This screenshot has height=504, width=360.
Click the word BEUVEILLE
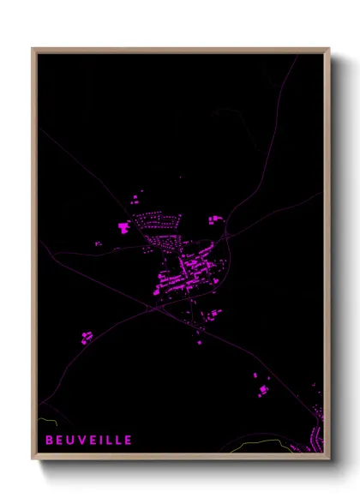(x=89, y=440)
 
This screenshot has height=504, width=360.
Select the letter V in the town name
(x=80, y=440)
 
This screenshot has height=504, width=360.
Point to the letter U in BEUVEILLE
(x=69, y=440)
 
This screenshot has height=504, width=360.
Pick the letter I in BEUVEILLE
(x=100, y=440)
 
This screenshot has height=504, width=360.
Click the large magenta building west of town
(x=123, y=228)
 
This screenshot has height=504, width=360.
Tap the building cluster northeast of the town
(x=214, y=220)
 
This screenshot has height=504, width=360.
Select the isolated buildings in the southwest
(x=86, y=338)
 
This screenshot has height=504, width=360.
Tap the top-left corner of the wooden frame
(x=33, y=49)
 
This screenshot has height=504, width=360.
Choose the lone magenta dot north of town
(x=180, y=177)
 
